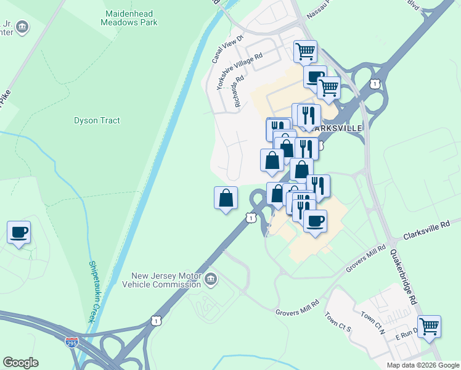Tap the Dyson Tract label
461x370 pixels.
97,120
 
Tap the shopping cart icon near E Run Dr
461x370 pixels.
429,326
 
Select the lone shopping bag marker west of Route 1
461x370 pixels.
226,198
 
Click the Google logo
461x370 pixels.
20,363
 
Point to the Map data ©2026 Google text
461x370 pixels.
422,365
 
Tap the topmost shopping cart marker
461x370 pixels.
305,51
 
